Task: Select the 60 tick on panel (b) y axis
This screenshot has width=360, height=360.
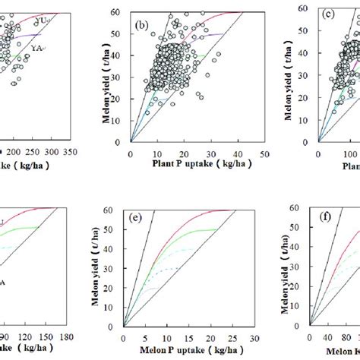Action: click(122, 12)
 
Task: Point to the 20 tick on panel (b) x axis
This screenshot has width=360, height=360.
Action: click(184, 155)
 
